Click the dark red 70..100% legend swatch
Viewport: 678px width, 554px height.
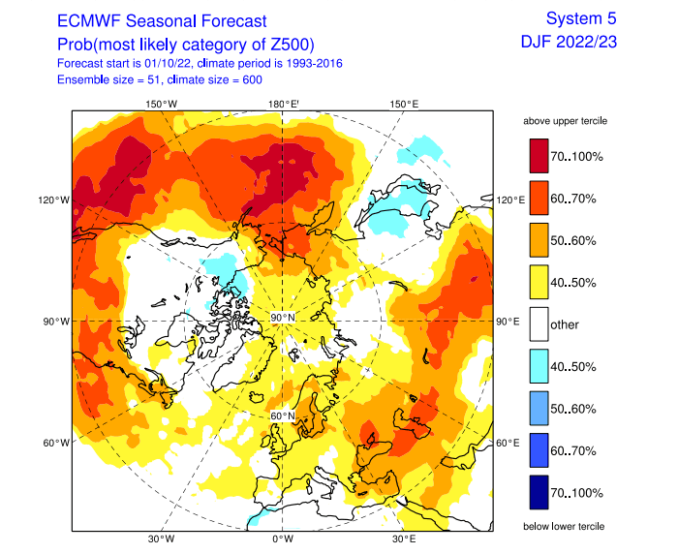point(539,156)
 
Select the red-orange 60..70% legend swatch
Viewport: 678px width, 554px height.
point(539,199)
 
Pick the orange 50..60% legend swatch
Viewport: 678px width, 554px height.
point(539,240)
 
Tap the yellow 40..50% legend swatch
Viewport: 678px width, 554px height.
point(539,282)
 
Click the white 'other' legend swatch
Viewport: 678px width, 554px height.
point(539,323)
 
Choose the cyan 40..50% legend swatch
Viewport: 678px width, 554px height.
point(539,366)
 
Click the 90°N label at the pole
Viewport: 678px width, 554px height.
point(282,319)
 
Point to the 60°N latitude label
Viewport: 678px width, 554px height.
point(282,416)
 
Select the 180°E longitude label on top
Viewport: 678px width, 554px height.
point(283,104)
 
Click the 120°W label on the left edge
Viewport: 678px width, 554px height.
point(54,200)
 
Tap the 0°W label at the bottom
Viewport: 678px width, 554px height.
point(282,538)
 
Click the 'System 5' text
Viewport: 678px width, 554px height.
point(580,18)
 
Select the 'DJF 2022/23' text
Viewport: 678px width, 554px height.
point(569,42)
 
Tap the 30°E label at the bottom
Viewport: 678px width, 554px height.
point(404,538)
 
